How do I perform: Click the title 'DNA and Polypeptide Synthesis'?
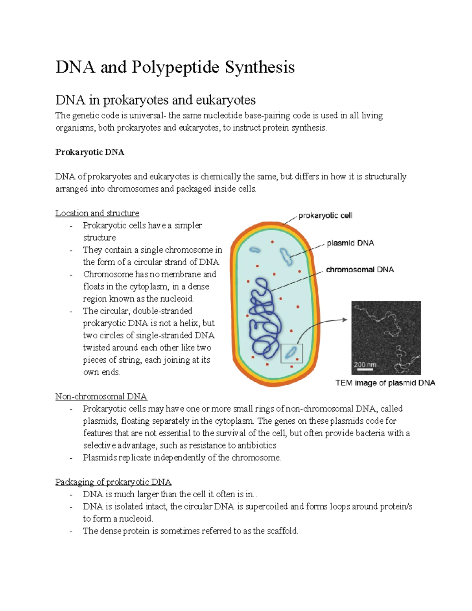coord(175,67)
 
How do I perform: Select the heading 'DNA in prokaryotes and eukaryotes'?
coord(155,100)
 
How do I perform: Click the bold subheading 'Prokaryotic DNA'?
coord(90,152)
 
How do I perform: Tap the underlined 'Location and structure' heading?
coord(97,213)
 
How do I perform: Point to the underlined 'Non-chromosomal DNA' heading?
coord(101,397)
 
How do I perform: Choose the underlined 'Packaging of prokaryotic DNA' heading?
coord(113,482)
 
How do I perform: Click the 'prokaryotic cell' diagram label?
coord(325,216)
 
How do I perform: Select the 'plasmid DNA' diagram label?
coord(350,243)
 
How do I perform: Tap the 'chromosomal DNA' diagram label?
coord(360,270)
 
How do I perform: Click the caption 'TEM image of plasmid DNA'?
coord(385,383)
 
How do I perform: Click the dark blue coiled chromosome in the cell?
coord(265,319)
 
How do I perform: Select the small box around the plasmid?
coord(291,353)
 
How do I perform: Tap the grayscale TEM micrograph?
coord(386,337)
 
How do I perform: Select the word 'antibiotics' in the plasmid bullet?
coord(257,445)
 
